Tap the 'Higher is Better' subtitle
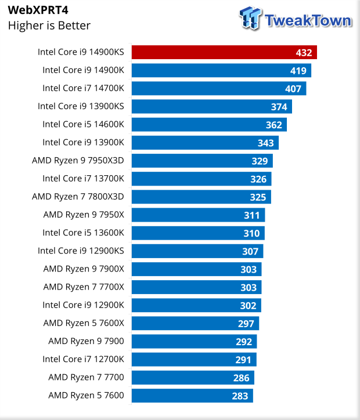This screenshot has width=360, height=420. tap(49, 26)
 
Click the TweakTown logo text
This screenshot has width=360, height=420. tap(308, 21)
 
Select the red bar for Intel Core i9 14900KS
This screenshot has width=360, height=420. tap(224, 52)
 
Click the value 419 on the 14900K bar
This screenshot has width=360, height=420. tap(298, 71)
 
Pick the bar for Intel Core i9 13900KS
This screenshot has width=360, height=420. tap(211, 106)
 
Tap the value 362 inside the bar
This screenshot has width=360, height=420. tap(274, 125)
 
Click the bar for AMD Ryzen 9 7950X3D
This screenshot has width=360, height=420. tap(202, 161)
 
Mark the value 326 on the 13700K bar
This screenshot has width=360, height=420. tap(258, 179)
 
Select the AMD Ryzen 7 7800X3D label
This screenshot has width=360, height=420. tap(82, 197)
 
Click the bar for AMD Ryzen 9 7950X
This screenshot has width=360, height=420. tap(198, 215)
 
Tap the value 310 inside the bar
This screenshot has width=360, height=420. tap(251, 233)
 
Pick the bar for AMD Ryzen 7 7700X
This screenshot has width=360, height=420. tap(196, 287)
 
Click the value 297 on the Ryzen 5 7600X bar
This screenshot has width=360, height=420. tap(246, 324)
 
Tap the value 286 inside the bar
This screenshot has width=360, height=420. tap(241, 378)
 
